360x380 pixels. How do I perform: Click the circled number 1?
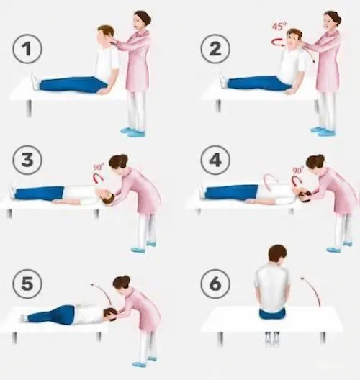pos(27,49)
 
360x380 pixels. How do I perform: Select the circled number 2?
pos(215,49)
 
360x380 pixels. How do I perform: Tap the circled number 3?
pos(27,160)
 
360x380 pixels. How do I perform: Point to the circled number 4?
pos(215,160)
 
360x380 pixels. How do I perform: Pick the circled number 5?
pos(27,284)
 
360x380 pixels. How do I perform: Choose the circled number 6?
pos(215,284)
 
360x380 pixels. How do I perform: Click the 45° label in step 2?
pos(279,26)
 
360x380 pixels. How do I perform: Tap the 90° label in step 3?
pos(98,167)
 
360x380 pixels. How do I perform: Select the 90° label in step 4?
pos(298,170)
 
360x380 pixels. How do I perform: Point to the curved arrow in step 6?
pos(315,289)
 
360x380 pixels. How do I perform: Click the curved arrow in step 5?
pos(104,291)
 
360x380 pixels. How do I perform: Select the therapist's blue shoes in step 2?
pos(323,131)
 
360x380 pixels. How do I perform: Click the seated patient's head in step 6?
pos(278,255)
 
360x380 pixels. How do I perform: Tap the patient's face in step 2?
pos(292,40)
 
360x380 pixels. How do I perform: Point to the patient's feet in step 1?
pos(35,81)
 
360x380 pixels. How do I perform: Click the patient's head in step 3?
pos(107,196)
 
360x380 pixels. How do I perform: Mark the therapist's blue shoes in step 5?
pos(145,361)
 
